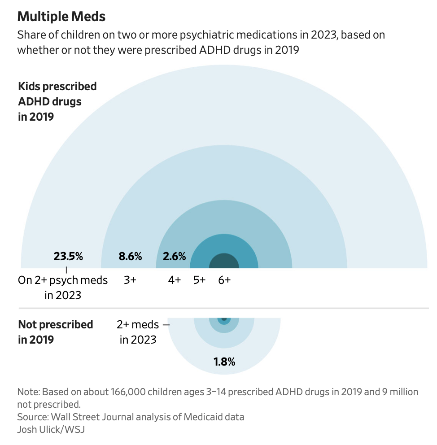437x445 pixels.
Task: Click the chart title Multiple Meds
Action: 61,17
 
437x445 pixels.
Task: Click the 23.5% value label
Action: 68,257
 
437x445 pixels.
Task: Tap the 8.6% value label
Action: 130,257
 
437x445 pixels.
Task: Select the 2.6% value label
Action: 174,257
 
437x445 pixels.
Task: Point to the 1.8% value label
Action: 224,362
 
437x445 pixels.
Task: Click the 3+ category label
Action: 130,280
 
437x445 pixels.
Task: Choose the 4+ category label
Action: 175,280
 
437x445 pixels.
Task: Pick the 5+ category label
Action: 199,280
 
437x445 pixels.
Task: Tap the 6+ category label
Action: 224,280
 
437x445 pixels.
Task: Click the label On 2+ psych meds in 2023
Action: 63,288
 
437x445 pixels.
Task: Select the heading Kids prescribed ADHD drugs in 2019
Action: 57,101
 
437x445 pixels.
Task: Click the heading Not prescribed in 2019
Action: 56,332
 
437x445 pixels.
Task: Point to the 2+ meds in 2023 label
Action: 138,332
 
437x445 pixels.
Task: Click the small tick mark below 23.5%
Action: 66,270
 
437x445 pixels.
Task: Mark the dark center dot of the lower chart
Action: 224,319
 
